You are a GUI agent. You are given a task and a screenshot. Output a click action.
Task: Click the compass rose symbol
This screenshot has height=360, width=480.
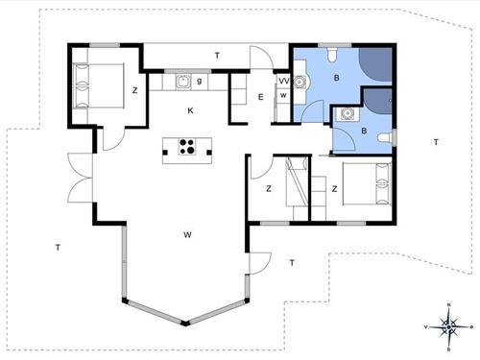448,326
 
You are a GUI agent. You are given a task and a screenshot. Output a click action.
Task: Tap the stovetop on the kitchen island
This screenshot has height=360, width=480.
187,147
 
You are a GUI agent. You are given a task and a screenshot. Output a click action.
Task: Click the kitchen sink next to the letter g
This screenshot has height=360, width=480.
183,82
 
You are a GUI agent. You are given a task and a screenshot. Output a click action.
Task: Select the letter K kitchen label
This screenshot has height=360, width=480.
190,110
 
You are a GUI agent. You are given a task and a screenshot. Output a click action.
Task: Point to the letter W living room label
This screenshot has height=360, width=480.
187,235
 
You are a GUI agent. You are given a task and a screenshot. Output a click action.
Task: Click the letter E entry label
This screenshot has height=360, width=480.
261,97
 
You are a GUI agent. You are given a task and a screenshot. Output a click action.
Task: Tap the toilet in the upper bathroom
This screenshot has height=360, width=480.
332,55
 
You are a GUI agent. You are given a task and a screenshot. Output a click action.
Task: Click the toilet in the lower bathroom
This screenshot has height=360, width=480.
384,138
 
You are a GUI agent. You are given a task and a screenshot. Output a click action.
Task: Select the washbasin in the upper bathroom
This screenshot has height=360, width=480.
300,83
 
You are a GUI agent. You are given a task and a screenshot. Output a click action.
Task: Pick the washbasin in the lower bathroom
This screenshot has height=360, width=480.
347,113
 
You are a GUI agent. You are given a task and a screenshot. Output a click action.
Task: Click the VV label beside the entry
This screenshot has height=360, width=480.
283,82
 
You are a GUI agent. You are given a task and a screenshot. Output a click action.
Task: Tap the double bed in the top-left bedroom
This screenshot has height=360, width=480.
98,85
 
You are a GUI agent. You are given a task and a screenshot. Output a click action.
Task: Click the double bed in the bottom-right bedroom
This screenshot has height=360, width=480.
367,183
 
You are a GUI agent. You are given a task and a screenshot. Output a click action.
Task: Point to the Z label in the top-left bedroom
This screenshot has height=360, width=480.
135,90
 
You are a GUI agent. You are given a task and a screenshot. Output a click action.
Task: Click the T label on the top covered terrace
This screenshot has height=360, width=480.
217,56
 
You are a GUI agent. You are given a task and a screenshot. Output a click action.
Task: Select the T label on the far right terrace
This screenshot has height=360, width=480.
436,142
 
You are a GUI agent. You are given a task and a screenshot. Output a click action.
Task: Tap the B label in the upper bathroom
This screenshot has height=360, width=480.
336,78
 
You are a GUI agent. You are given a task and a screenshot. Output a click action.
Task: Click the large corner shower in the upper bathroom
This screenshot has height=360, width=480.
376,64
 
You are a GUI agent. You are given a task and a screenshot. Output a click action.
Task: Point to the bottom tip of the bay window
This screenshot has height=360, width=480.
185,324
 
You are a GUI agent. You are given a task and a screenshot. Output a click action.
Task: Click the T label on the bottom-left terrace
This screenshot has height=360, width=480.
58,248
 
